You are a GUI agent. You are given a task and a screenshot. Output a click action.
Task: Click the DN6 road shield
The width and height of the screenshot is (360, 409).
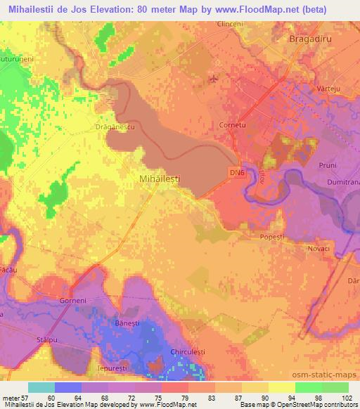237,171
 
